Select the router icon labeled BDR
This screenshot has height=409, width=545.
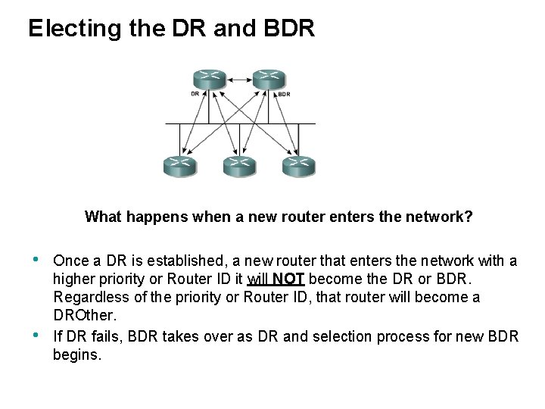click(268, 77)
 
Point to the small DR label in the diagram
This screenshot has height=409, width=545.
click(195, 95)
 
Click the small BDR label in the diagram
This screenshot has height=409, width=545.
click(284, 95)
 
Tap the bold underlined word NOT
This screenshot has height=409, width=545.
click(288, 279)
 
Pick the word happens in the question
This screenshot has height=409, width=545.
click(157, 217)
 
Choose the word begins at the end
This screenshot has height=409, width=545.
click(76, 354)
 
